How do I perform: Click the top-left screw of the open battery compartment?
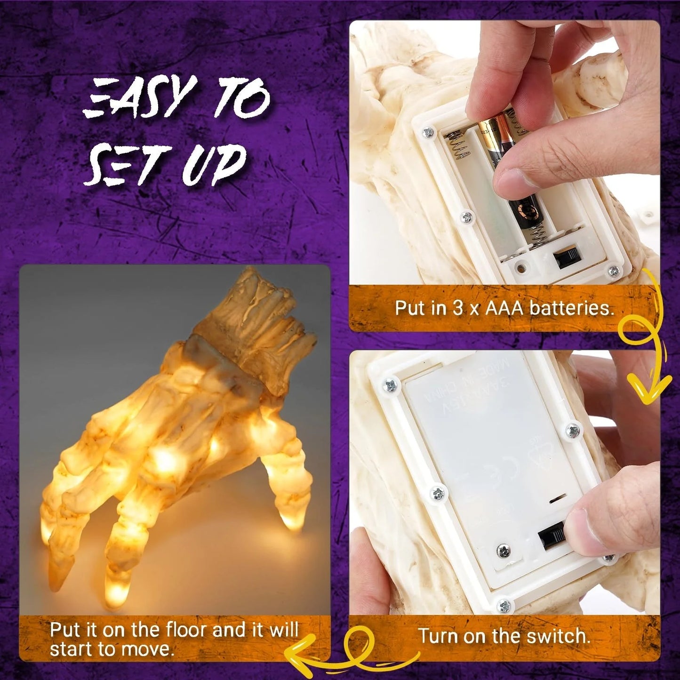point(429,133)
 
